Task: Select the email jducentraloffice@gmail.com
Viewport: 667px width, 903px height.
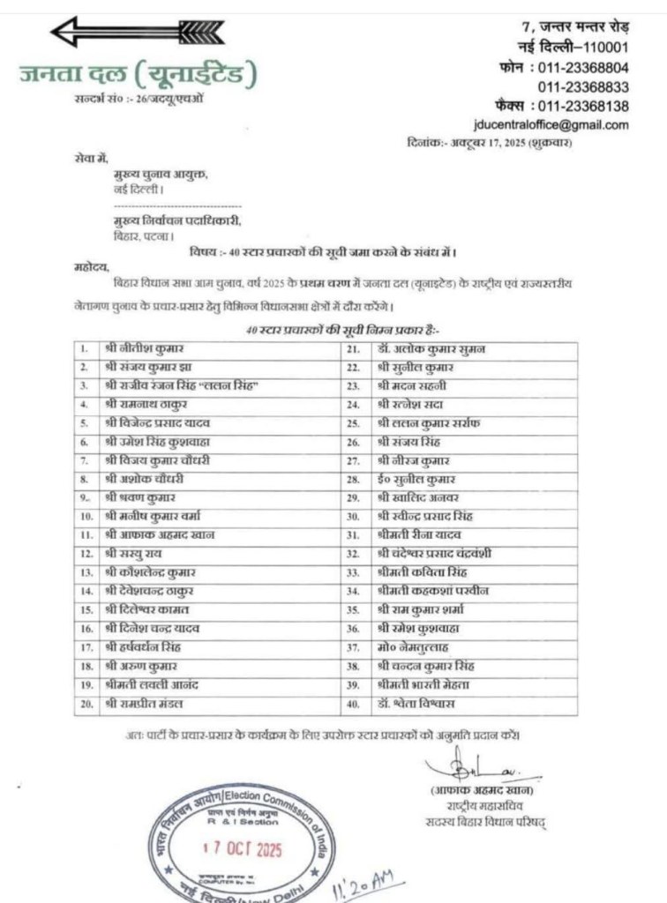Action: click(x=551, y=124)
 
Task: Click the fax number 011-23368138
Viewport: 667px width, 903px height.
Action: click(x=583, y=106)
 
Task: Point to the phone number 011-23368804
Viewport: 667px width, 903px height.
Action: click(x=583, y=67)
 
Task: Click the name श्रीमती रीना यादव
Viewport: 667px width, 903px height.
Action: click(x=418, y=535)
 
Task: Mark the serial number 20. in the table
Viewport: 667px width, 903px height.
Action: click(x=86, y=703)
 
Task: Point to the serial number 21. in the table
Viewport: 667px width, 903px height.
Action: click(x=353, y=349)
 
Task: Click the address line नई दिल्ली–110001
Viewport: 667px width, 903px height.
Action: click(x=573, y=48)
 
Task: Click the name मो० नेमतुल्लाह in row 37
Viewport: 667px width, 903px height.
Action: click(x=414, y=647)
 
